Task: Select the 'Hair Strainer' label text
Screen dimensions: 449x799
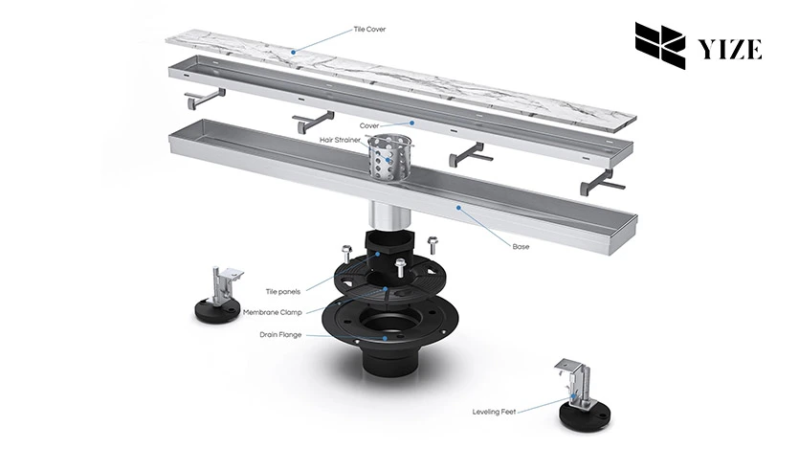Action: click(x=340, y=140)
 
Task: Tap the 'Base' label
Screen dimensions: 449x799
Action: click(x=521, y=246)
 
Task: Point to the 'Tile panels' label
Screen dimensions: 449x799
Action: click(x=283, y=291)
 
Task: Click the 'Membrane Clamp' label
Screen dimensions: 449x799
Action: click(x=273, y=313)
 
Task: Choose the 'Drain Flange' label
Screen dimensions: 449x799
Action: click(x=281, y=335)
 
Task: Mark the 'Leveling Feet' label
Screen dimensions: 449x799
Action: click(x=495, y=412)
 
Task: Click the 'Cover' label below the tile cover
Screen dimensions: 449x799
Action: click(x=369, y=125)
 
